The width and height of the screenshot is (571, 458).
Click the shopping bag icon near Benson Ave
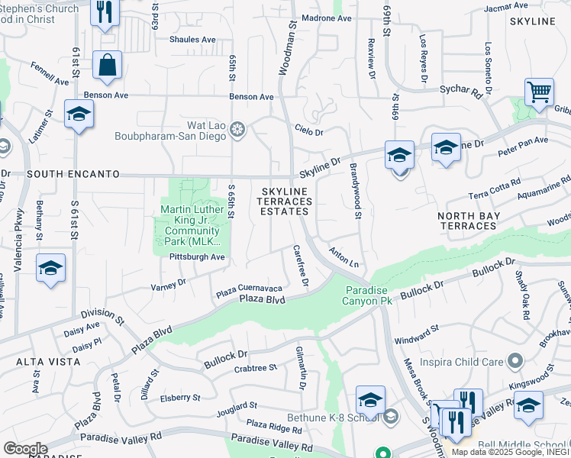tap(107, 66)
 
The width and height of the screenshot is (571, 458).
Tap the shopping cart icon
tap(539, 92)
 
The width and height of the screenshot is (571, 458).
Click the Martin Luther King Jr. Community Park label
tap(190, 226)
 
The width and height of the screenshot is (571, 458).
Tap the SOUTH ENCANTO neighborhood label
tap(73, 175)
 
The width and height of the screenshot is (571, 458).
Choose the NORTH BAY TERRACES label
tap(467, 221)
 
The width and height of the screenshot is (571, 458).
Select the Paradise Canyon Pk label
tap(369, 295)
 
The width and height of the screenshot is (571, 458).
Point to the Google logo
tap(24, 449)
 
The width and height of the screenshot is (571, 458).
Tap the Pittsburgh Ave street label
tap(197, 256)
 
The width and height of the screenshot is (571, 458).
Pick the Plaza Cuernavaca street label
tap(249, 289)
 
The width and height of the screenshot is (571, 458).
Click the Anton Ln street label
tap(344, 256)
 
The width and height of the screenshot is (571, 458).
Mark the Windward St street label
tap(416, 329)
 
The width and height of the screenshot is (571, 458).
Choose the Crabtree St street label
tap(256, 368)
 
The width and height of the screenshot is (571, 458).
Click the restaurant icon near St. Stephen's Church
tap(105, 12)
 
